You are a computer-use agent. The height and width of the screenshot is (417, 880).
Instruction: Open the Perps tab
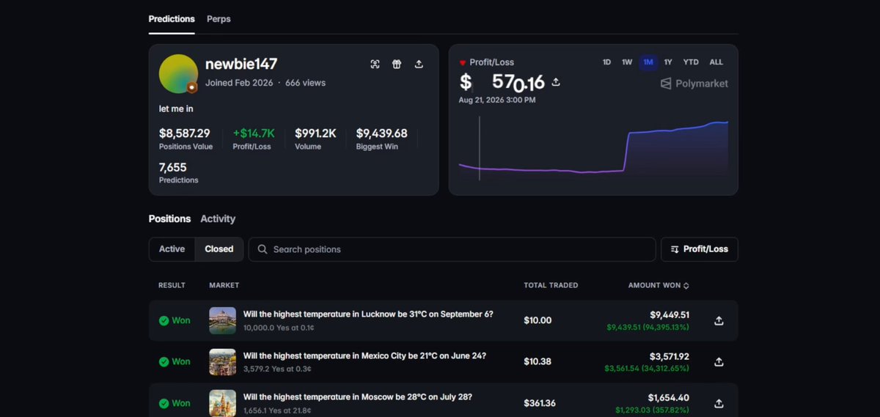219,19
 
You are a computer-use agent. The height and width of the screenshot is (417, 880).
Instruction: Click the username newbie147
241,64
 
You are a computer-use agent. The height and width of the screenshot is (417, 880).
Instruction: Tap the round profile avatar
178,74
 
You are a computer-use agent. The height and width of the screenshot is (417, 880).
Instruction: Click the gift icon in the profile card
397,64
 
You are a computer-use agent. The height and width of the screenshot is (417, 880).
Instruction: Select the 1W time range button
626,62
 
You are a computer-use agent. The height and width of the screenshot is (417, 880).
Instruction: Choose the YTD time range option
691,62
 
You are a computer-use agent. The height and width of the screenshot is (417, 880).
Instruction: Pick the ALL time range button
716,62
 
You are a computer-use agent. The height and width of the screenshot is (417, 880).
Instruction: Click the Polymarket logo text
701,84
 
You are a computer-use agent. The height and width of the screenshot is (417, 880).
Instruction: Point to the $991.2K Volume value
315,133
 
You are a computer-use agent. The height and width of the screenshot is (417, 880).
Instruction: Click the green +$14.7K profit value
254,133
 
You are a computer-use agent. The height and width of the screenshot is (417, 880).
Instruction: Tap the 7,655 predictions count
173,168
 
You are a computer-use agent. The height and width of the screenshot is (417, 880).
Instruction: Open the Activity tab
218,218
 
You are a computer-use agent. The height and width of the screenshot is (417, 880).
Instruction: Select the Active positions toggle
172,249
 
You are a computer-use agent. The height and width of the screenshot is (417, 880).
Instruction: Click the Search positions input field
452,249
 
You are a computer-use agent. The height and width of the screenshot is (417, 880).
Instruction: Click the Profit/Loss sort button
700,249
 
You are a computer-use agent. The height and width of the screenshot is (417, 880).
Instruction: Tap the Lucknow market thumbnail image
222,320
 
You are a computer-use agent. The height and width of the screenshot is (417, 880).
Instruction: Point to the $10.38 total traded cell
538,361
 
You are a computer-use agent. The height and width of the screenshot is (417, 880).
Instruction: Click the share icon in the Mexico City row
719,361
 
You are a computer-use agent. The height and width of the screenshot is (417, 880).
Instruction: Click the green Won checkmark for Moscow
164,403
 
